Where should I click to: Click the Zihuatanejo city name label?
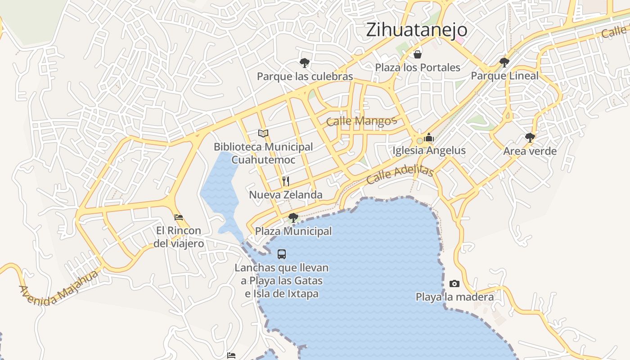417,30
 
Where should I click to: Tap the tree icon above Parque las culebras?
305,63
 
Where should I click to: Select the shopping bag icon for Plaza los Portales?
418,54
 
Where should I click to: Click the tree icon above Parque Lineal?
504,62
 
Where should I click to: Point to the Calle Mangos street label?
361,121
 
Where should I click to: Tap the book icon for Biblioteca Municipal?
263,133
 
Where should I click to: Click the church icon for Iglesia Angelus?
429,137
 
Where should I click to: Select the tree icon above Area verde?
530,137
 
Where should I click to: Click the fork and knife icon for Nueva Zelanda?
286,181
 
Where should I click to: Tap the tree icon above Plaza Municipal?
293,218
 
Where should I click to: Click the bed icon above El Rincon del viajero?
179,217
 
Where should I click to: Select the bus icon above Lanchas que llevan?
282,254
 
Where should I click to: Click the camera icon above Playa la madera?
454,283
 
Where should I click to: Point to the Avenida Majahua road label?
58,288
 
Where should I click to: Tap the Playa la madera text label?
454,297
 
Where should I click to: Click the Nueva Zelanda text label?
286,195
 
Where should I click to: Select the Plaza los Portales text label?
418,67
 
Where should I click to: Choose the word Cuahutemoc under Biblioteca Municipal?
263,160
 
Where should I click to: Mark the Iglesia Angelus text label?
429,150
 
